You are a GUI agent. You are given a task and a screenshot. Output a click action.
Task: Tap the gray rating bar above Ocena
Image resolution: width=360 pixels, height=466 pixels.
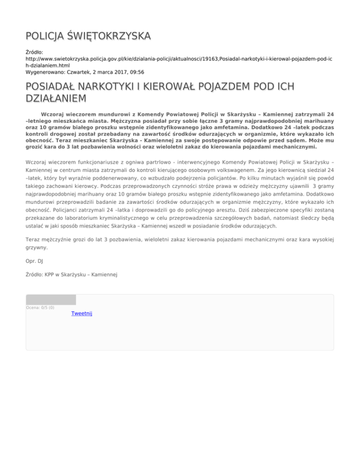coord(51,300)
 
